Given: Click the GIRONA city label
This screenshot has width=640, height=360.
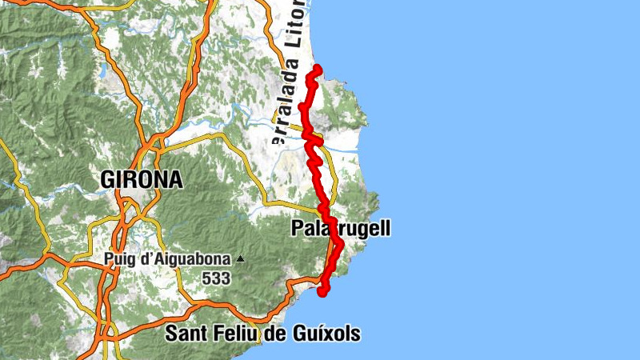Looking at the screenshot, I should point(142,180).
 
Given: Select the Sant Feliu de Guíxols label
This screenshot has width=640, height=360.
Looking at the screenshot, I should point(262,334).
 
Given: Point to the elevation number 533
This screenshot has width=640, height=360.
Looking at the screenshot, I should point(216,278).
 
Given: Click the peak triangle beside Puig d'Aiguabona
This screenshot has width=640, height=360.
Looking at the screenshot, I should point(238,259).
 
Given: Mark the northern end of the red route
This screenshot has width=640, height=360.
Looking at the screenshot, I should point(318,67).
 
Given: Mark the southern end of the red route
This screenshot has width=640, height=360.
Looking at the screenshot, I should point(323,293).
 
